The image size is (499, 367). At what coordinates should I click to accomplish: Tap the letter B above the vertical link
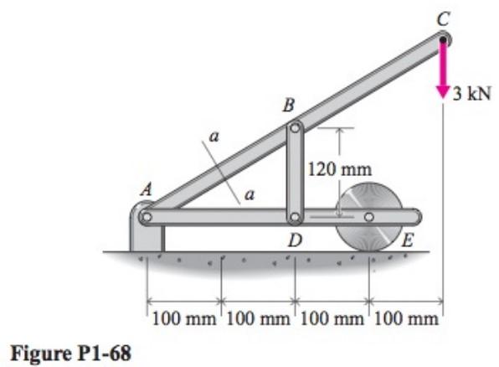[289, 106]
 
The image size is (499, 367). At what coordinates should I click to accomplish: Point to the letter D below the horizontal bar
[294, 242]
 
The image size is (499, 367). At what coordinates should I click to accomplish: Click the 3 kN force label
[471, 91]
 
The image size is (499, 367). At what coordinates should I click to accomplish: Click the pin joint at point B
[295, 129]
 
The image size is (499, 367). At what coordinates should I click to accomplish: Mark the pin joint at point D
[295, 218]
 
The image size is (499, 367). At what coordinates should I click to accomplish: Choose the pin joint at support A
[147, 217]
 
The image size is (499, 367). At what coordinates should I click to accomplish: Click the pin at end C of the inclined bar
[443, 38]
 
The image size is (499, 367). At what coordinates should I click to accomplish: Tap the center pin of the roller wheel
[368, 218]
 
